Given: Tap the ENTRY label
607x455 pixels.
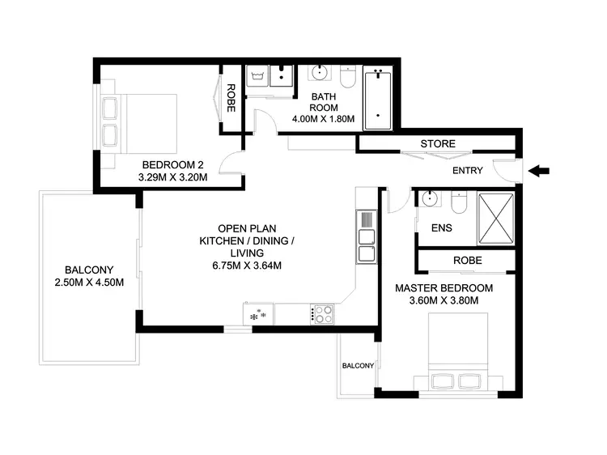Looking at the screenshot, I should pyautogui.click(x=468, y=171).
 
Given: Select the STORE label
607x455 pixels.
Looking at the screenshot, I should pyautogui.click(x=437, y=144).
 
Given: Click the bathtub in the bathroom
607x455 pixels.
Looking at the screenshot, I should pyautogui.click(x=377, y=101).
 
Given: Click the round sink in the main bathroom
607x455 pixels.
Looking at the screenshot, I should pyautogui.click(x=319, y=74).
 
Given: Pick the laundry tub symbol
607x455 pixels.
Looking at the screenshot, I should pyautogui.click(x=260, y=77).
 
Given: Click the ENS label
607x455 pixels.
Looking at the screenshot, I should pyautogui.click(x=442, y=228).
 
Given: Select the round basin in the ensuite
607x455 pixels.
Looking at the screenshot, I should pyautogui.click(x=428, y=199).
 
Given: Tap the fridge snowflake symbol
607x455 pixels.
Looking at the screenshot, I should pyautogui.click(x=261, y=313).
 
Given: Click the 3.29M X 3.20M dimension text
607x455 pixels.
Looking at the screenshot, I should pyautogui.click(x=174, y=177).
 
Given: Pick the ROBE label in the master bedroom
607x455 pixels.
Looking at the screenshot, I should pyautogui.click(x=467, y=261).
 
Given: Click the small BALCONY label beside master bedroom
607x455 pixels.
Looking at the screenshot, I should pyautogui.click(x=357, y=366).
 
